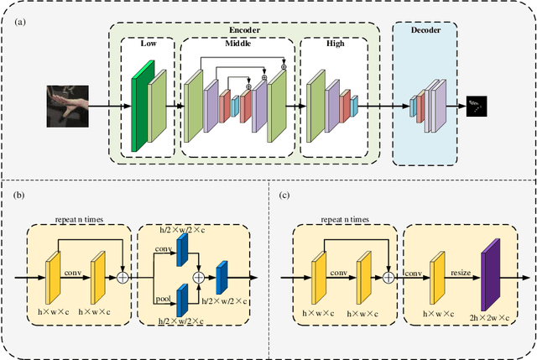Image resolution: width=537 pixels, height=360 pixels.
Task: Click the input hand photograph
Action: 66,106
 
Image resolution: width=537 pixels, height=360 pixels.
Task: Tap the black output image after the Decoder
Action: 477,106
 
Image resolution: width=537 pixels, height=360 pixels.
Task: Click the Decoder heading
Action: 426,30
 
